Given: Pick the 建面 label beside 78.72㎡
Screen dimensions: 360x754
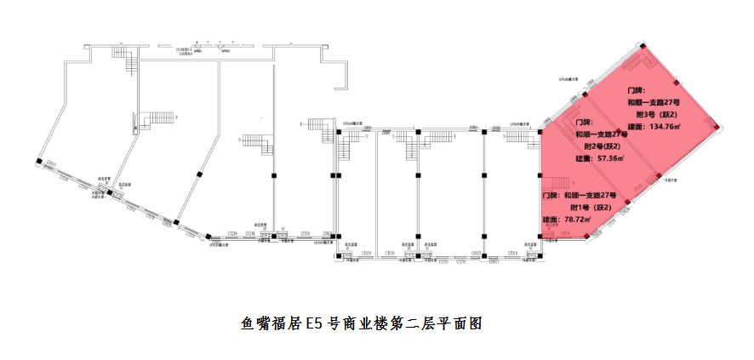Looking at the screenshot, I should click(550, 220).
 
